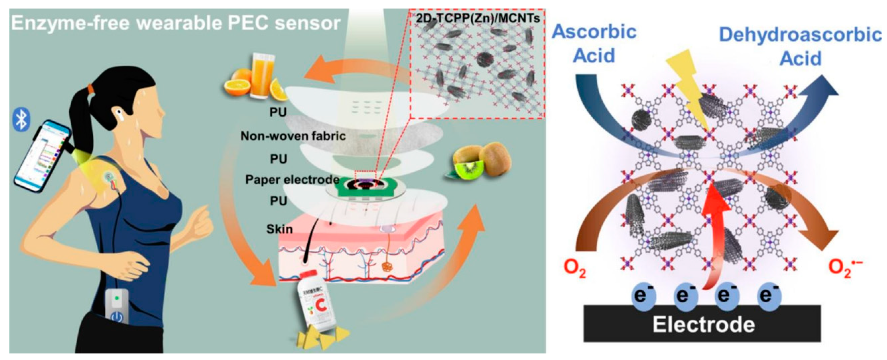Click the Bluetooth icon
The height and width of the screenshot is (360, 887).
coord(21,119)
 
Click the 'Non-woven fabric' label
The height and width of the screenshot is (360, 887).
coord(293,136)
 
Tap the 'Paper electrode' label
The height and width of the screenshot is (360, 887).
coord(292,179)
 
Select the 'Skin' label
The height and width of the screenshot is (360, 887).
coord(279,229)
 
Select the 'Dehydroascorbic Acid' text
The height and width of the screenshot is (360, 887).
coord(800,47)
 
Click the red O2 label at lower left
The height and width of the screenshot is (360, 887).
coord(575,269)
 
